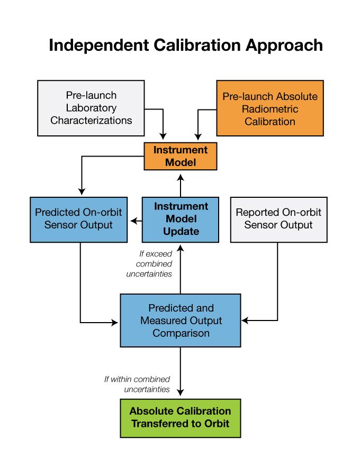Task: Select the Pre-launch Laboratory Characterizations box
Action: [91, 108]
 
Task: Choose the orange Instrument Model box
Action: [181, 156]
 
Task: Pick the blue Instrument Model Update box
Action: [181, 219]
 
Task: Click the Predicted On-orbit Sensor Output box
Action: [78, 219]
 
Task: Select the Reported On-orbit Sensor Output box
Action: [278, 219]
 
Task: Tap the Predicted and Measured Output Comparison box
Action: [181, 321]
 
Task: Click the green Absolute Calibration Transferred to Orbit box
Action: [181, 418]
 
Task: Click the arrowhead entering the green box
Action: [181, 392]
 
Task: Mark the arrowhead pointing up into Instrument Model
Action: [181, 176]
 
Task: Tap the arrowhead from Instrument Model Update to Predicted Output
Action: [135, 220]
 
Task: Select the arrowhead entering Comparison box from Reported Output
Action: [245, 321]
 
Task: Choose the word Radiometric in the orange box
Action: [269, 109]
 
